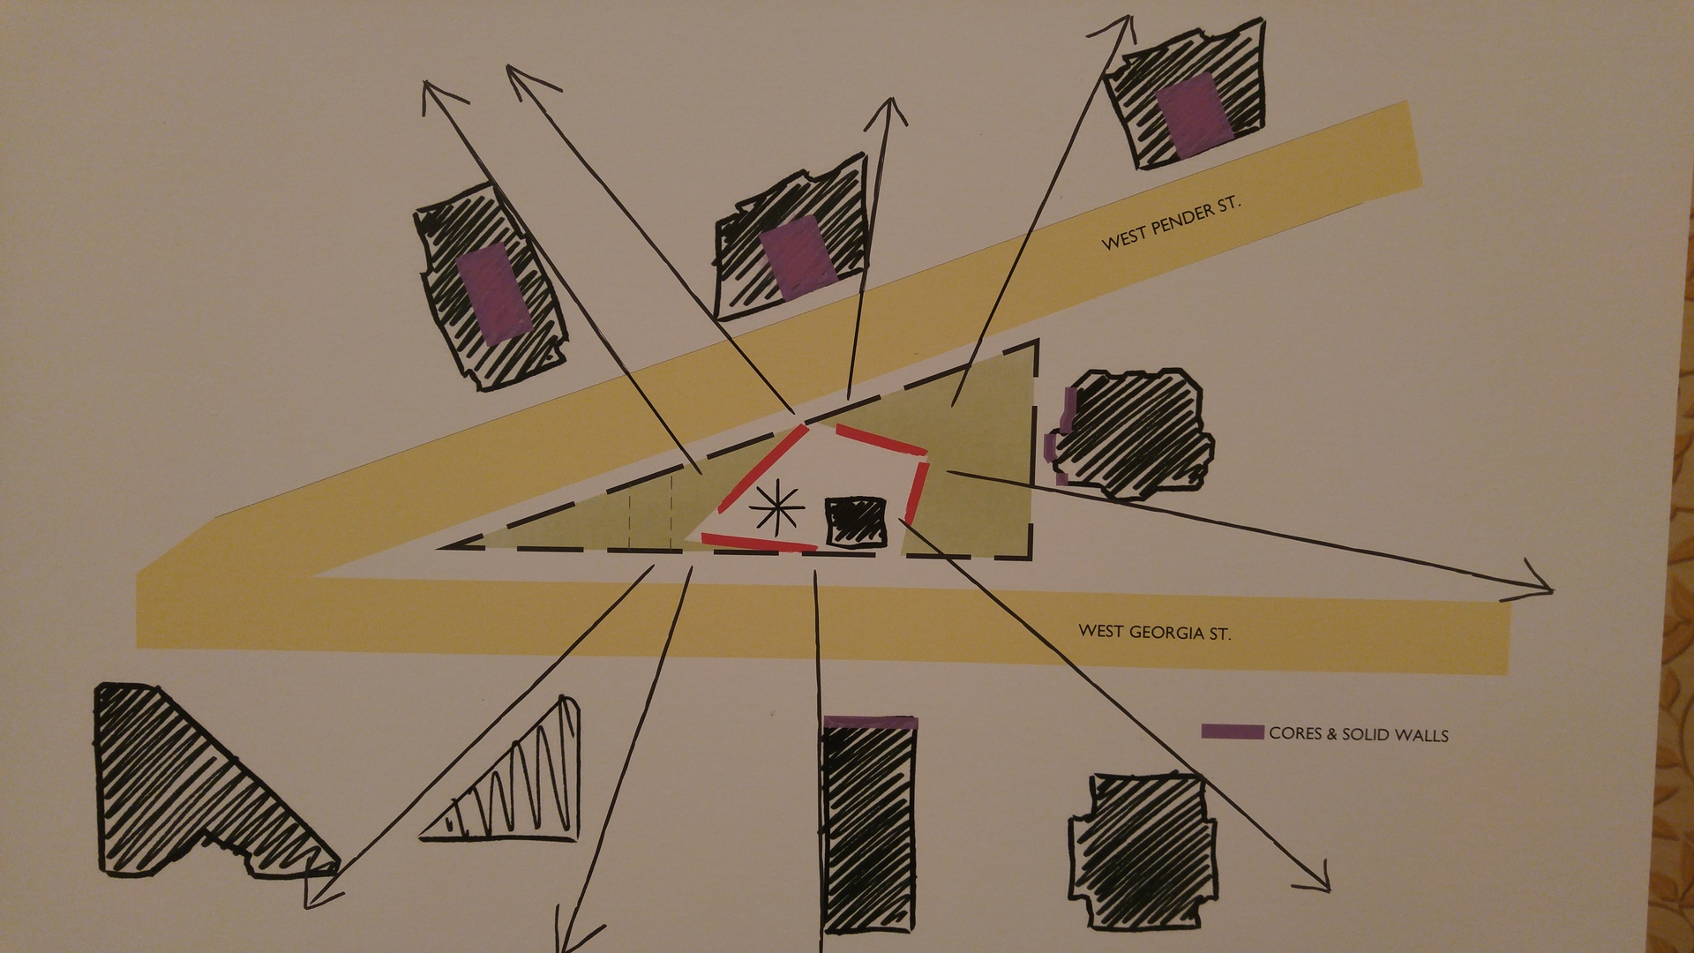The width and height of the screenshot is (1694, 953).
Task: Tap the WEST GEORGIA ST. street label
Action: coord(1154,632)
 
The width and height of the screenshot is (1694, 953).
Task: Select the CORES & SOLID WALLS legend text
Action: coord(1359,734)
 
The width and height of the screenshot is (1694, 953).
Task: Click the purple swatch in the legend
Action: coord(1233,732)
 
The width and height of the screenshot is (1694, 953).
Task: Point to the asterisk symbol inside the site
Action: coord(776,509)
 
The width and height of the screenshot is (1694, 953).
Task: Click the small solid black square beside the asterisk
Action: coord(855,522)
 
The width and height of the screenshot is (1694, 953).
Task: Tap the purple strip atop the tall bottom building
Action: coord(870,722)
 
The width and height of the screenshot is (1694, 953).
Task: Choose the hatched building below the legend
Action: coord(1143,852)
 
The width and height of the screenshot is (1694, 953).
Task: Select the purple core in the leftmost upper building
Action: coord(493,292)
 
